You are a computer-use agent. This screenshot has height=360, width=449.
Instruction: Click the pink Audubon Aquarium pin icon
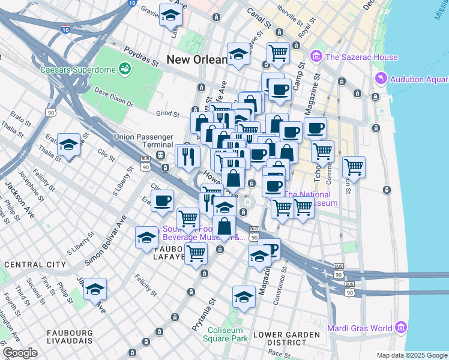pyautogui.click(x=380, y=79)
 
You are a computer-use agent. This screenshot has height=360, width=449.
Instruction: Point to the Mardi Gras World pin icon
pyautogui.click(x=401, y=328)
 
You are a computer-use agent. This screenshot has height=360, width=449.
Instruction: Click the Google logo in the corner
pyautogui.click(x=20, y=353)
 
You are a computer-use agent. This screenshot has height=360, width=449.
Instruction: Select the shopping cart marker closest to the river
pyautogui.click(x=354, y=166)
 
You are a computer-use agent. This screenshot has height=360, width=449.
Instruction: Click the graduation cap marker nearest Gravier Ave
pyautogui.click(x=171, y=15)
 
